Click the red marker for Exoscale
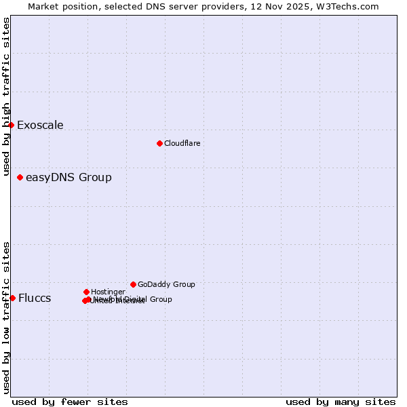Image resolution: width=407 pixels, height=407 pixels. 12,125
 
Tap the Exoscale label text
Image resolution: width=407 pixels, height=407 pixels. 40,125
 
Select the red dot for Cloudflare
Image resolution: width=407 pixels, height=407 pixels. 159,143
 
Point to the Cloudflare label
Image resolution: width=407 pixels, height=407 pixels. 182,144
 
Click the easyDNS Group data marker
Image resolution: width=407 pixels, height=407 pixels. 20,178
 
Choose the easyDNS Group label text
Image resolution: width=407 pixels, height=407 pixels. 69,178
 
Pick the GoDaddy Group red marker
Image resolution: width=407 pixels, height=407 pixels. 133,284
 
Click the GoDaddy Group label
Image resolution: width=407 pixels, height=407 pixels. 166,285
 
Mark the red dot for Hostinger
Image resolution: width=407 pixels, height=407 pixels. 86,292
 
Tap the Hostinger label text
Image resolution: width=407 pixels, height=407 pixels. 108,292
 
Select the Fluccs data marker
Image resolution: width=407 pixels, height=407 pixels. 12,298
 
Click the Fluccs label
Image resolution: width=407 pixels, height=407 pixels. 35,298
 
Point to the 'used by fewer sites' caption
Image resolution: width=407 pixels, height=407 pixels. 70,402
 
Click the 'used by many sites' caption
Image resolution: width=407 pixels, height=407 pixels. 341,402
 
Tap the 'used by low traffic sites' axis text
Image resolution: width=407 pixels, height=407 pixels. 6,317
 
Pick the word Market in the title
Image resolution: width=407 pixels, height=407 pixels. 43,6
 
